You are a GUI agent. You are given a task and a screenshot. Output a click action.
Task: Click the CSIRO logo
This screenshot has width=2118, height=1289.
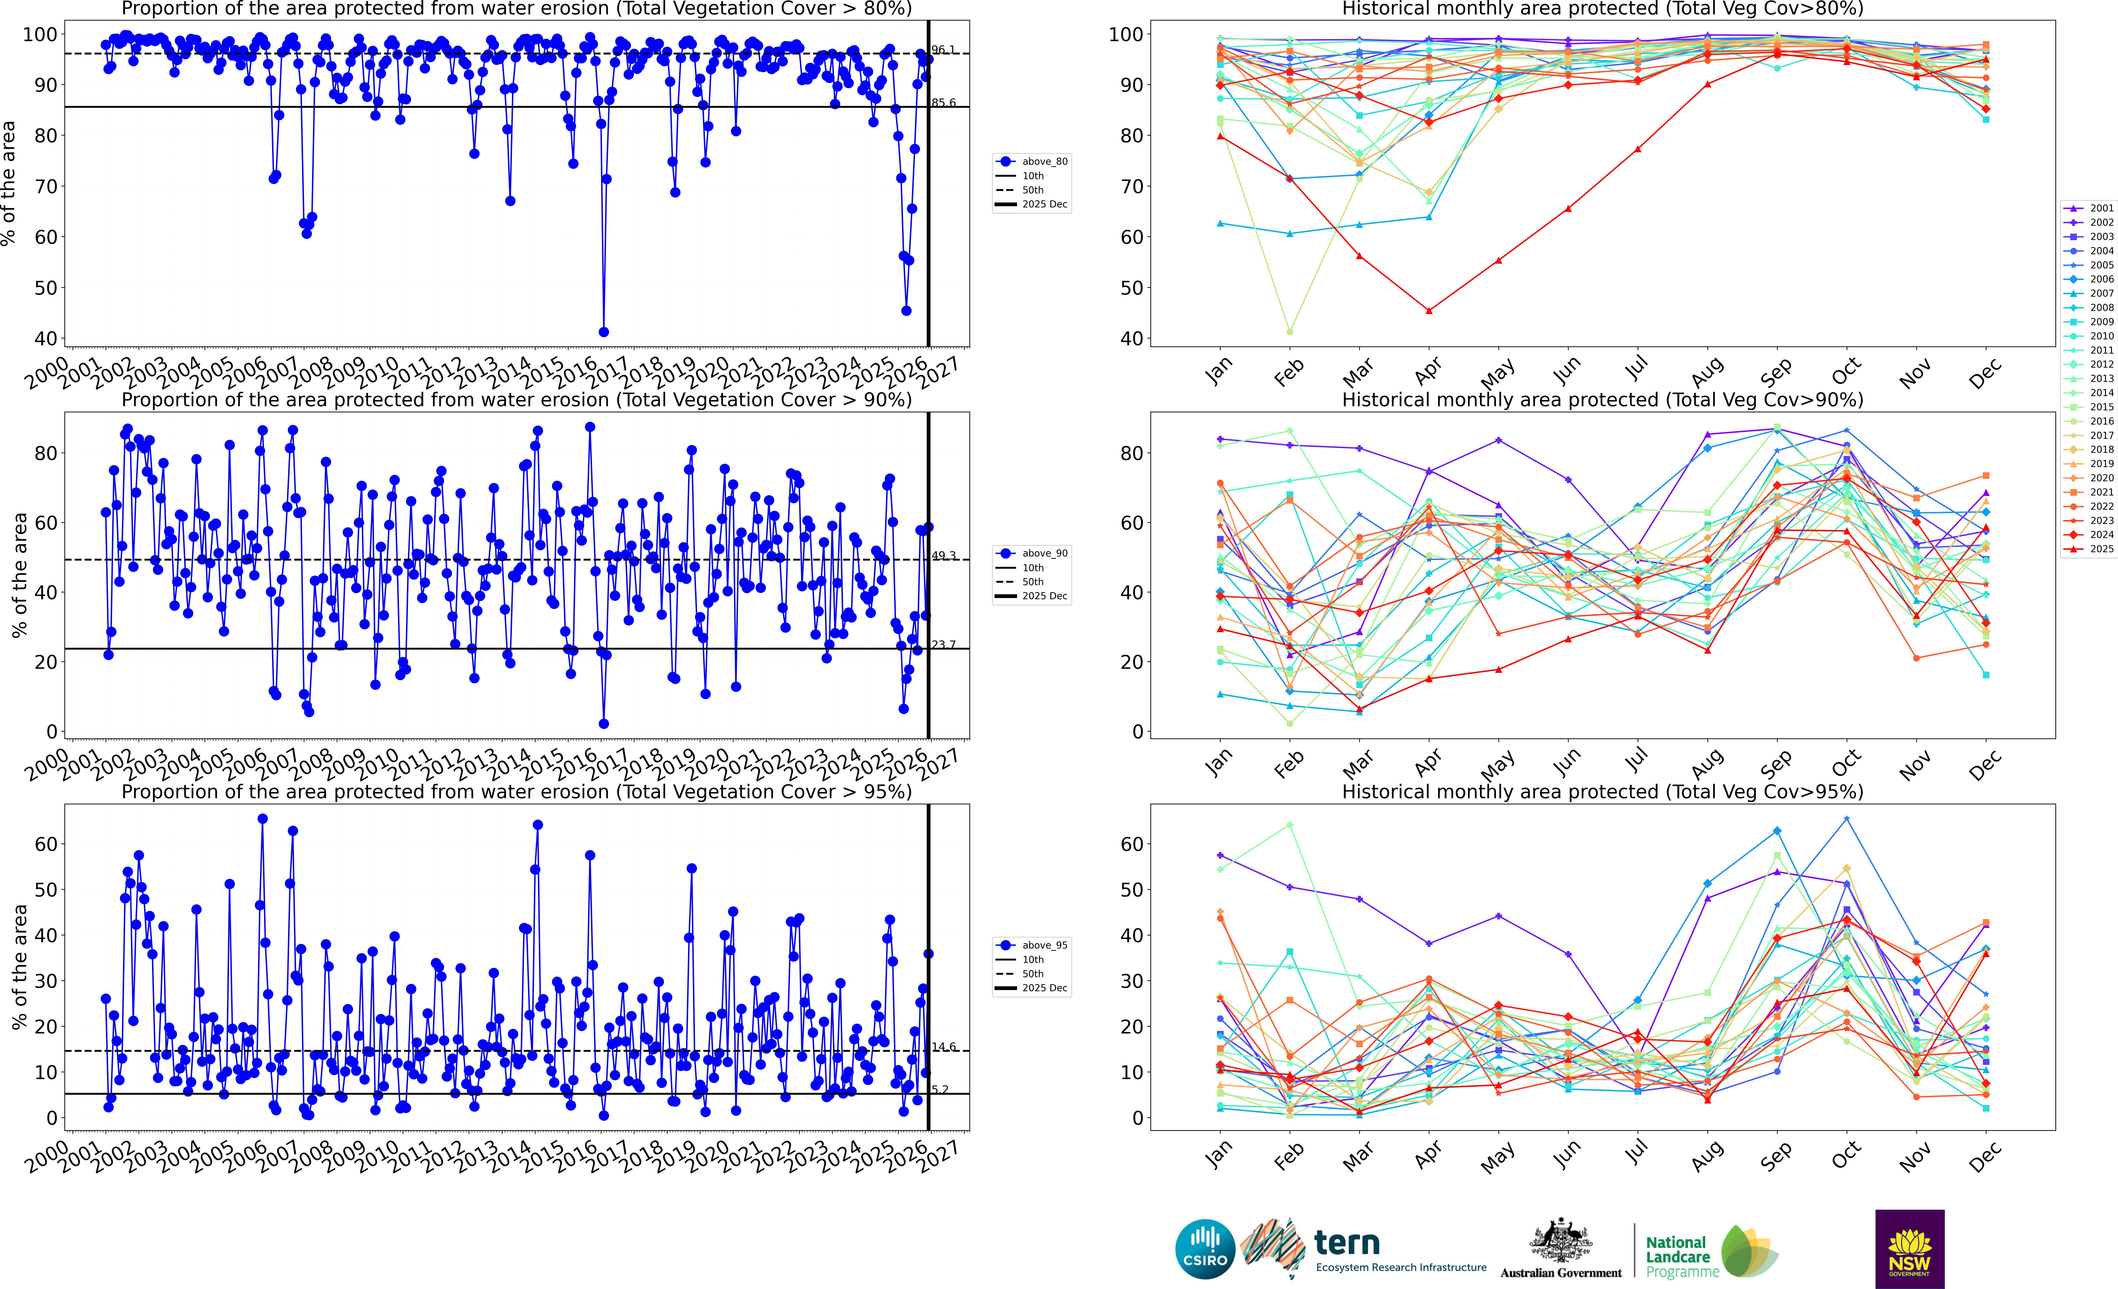click(1205, 1249)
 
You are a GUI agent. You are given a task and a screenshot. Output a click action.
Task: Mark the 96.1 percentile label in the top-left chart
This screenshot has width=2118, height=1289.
click(943, 50)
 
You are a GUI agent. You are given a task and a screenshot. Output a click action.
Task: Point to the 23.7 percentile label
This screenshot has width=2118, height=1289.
click(943, 644)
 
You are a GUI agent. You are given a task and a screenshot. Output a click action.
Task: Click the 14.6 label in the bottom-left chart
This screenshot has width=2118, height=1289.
click(943, 1047)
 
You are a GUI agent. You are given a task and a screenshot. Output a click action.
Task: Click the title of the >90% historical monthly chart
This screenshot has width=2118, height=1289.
click(1602, 400)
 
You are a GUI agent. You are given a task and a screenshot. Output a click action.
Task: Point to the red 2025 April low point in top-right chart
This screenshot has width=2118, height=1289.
click(1429, 311)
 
